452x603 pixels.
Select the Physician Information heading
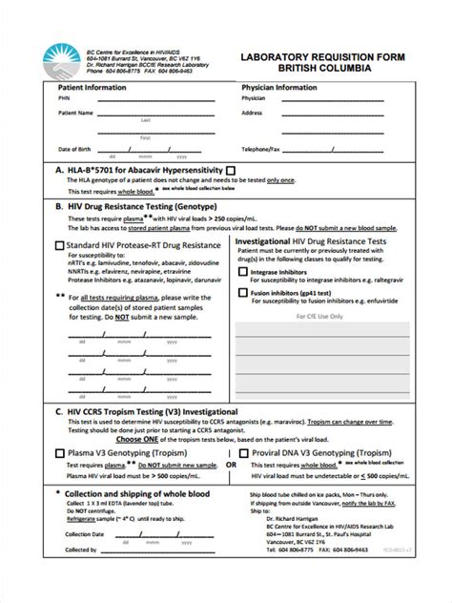[x=279, y=87]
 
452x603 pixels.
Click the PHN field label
[x=63, y=98]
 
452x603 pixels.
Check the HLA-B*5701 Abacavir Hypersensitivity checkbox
[x=230, y=170]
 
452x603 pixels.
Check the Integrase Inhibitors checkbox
[x=242, y=272]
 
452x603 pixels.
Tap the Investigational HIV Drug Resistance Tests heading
[x=325, y=242]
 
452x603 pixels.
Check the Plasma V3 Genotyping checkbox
[x=59, y=453]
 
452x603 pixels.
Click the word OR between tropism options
[x=231, y=465]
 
